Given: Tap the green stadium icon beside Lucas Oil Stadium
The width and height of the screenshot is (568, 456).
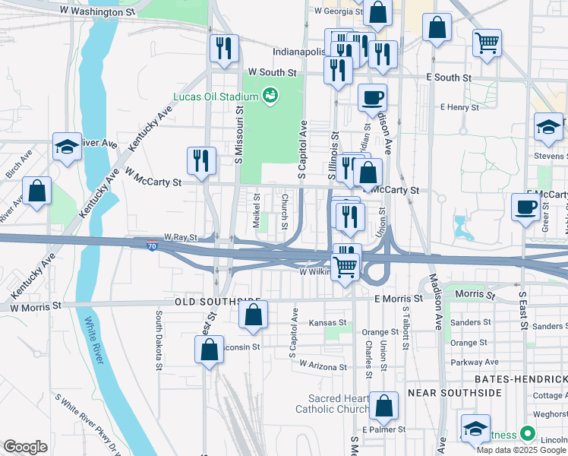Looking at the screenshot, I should tap(269, 96).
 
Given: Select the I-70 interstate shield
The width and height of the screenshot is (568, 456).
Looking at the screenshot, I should tap(153, 247).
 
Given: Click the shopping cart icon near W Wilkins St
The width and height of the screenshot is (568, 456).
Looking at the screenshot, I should tap(346, 267).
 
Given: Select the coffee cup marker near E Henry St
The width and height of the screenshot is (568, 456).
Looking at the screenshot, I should tap(372, 97).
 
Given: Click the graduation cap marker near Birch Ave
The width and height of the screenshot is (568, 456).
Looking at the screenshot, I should tap(67, 146).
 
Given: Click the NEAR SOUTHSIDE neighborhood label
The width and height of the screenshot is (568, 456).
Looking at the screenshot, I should tap(454, 392).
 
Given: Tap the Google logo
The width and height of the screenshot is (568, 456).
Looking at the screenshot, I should tap(25, 447).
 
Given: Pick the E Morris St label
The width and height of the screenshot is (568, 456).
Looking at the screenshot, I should tap(398, 299).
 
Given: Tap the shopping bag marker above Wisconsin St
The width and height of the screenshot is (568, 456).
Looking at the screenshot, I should tap(254, 315).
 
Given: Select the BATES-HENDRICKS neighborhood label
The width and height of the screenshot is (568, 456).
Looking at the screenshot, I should tap(520, 378).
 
